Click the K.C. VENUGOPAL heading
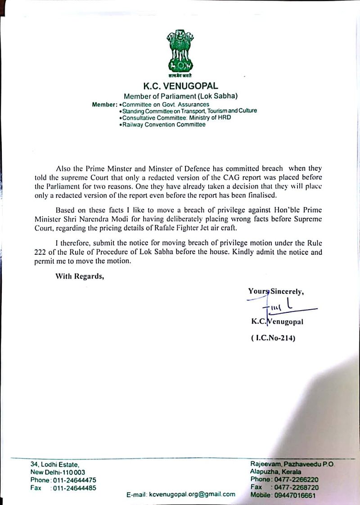tap(180, 86)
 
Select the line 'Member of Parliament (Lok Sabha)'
tap(180, 96)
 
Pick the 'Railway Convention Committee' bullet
tap(162, 124)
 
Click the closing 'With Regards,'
tap(80, 276)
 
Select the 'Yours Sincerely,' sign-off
tap(276, 291)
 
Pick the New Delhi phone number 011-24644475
tap(75, 480)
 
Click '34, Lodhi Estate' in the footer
tap(54, 464)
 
